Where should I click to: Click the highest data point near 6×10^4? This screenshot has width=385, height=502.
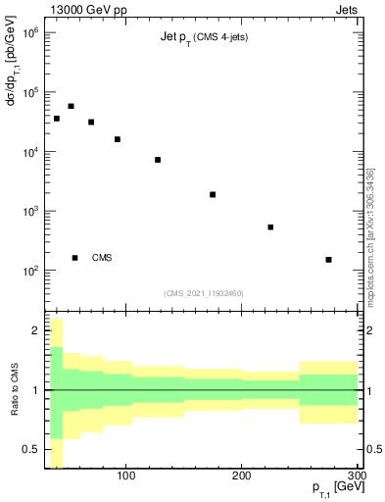(71, 106)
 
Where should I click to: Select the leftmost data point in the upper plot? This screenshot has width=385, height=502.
(57, 119)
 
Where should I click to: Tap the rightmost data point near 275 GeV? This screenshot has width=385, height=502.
(328, 260)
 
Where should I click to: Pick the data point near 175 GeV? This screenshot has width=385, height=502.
(213, 194)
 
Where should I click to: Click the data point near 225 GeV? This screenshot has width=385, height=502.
(270, 227)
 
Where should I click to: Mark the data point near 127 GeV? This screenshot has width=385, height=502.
(158, 160)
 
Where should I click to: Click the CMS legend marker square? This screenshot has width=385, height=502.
(74, 258)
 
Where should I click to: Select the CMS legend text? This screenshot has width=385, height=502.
(102, 258)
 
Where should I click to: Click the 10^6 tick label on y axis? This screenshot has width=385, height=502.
(27, 33)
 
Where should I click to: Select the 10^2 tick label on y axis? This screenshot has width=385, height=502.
(27, 271)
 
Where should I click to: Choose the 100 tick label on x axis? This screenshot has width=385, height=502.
(125, 477)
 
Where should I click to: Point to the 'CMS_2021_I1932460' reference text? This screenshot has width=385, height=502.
(203, 293)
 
